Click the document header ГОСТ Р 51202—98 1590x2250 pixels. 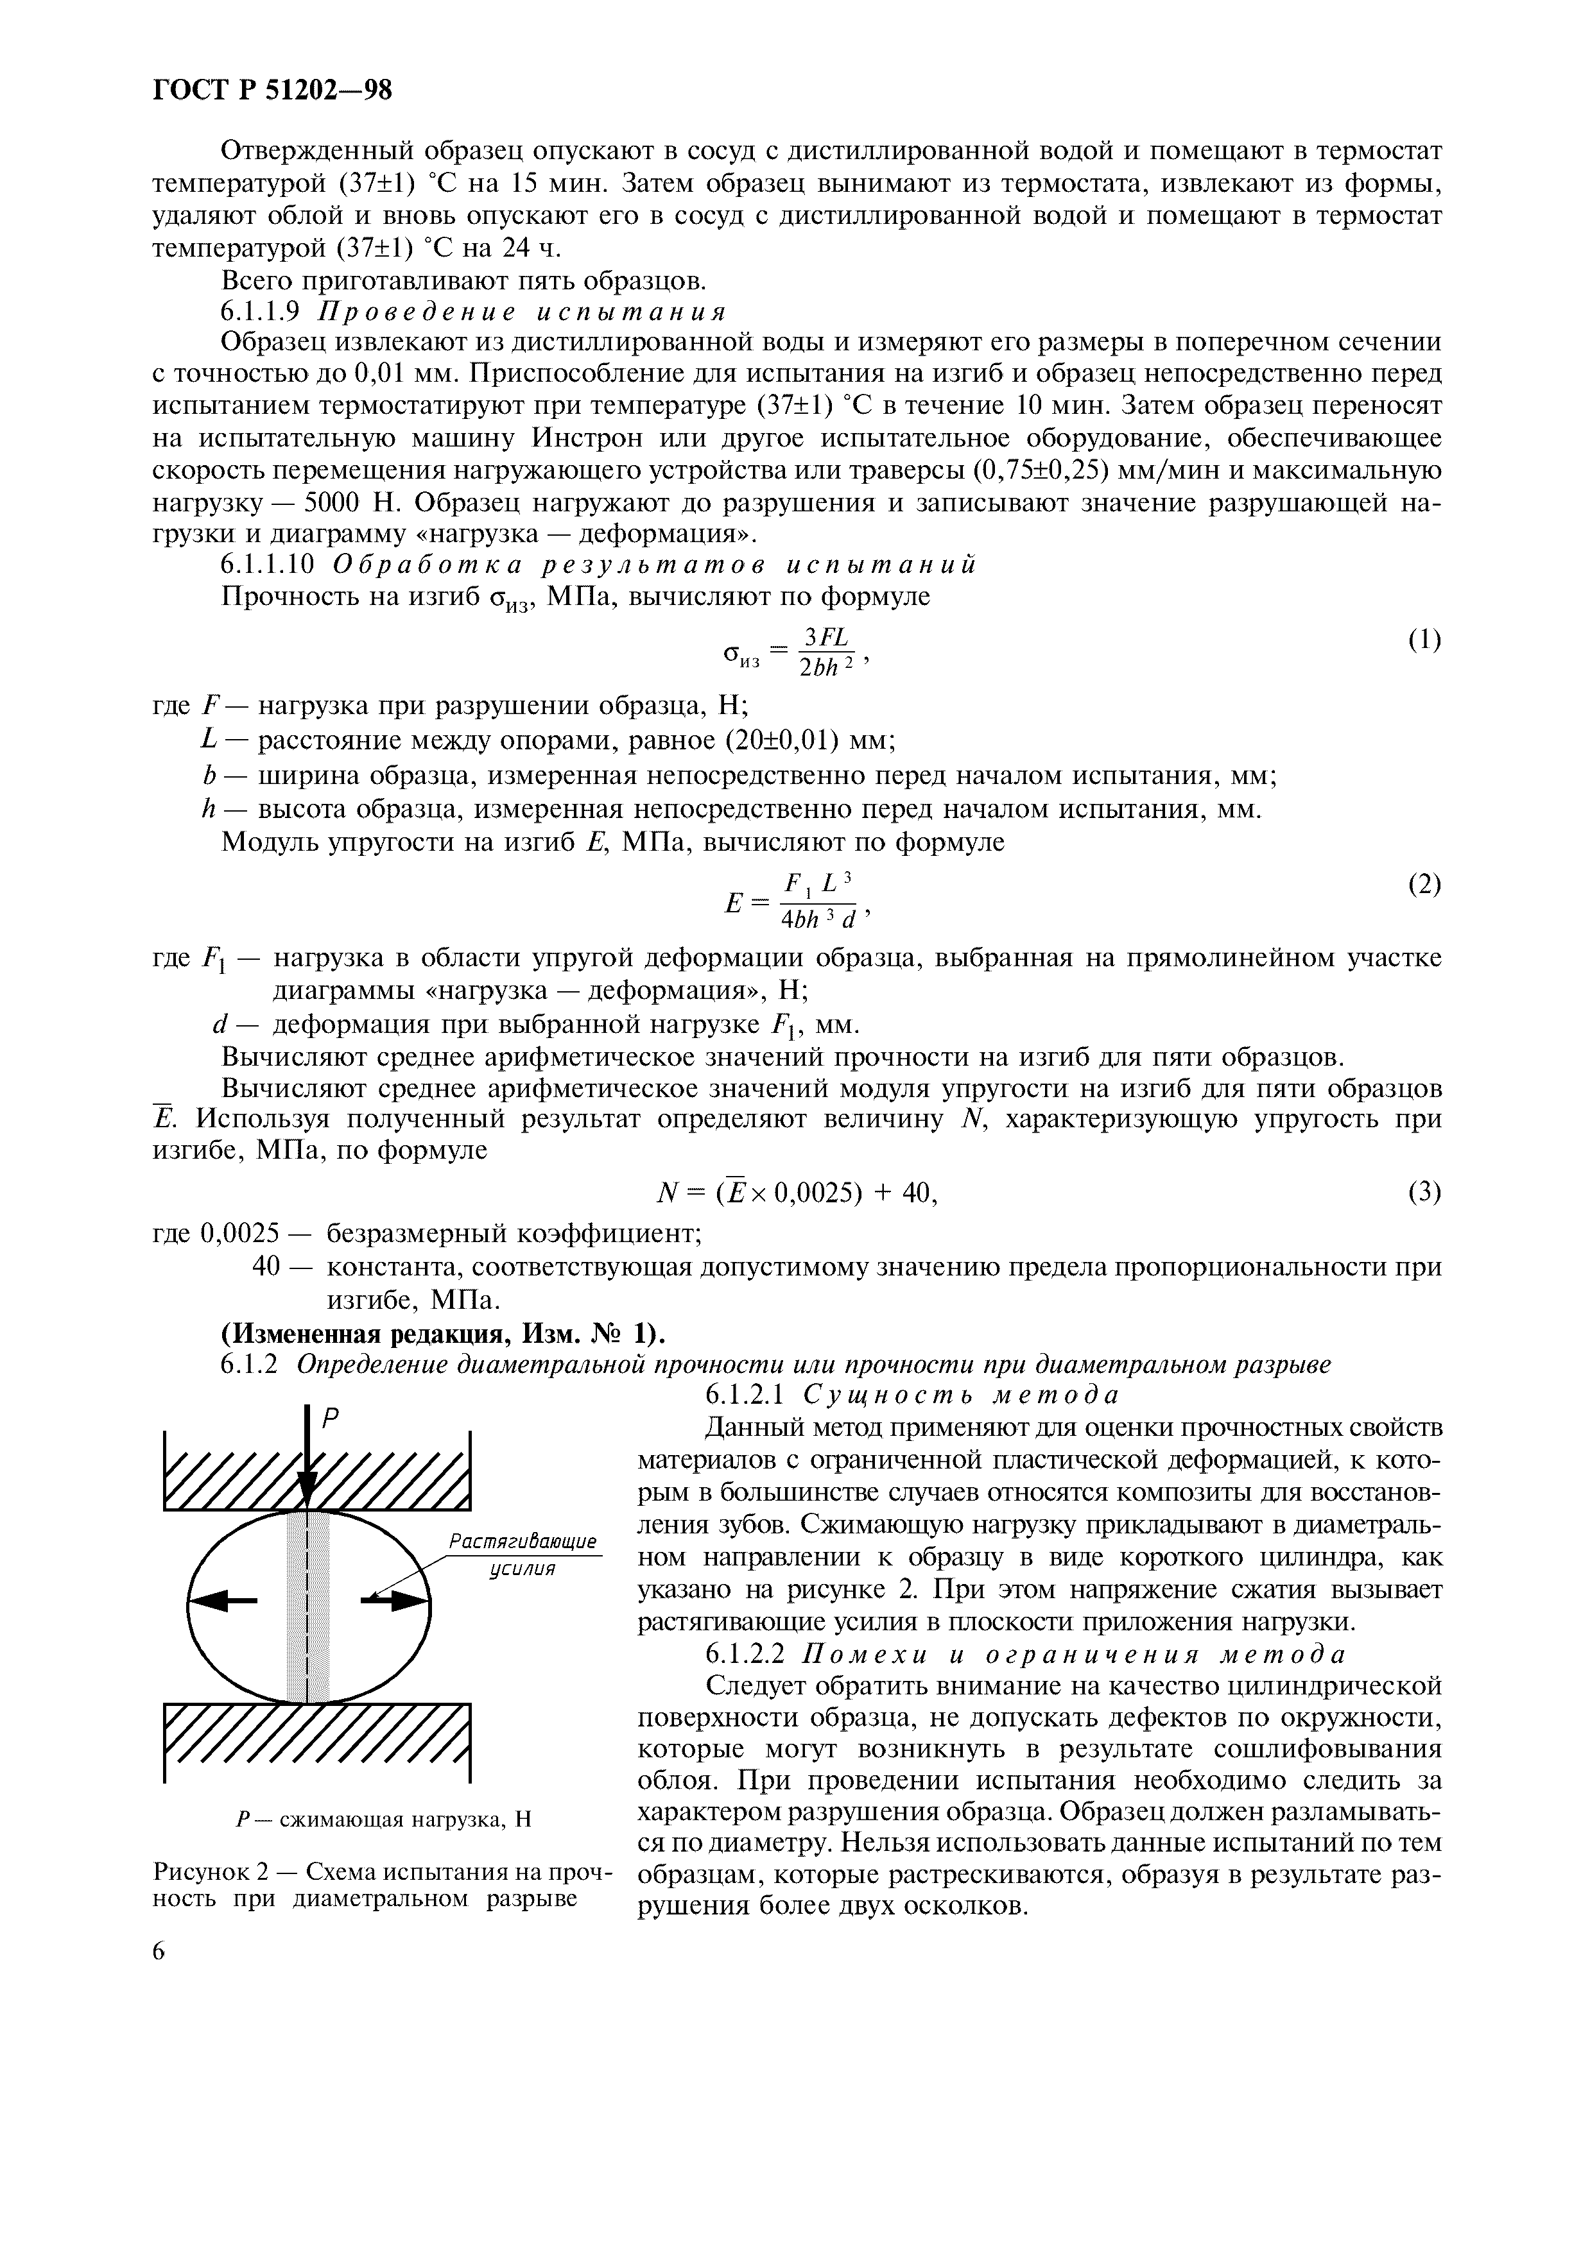coord(273,90)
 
